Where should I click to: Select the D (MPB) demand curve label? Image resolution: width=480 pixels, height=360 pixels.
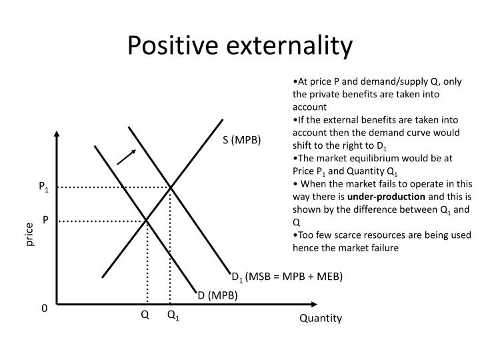[x=217, y=295]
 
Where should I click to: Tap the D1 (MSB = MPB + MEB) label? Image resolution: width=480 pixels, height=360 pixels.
[x=287, y=277]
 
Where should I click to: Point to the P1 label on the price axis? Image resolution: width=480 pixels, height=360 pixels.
[x=43, y=189]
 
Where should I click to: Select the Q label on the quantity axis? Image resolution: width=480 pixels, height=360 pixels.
[x=144, y=315]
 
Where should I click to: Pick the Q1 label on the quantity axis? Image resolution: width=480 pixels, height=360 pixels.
[x=173, y=315]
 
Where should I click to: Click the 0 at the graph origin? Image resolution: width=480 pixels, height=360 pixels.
[x=45, y=309]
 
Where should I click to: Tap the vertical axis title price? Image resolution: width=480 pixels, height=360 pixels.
[x=29, y=235]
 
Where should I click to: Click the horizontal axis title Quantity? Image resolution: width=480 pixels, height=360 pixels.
[x=320, y=319]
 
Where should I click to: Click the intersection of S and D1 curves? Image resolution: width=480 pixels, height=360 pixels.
[x=171, y=188]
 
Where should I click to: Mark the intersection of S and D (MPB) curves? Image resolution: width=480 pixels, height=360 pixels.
[x=147, y=220]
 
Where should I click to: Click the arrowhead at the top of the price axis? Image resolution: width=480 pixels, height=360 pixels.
[x=57, y=134]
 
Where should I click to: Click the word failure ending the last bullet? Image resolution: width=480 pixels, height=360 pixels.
[x=381, y=247]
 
